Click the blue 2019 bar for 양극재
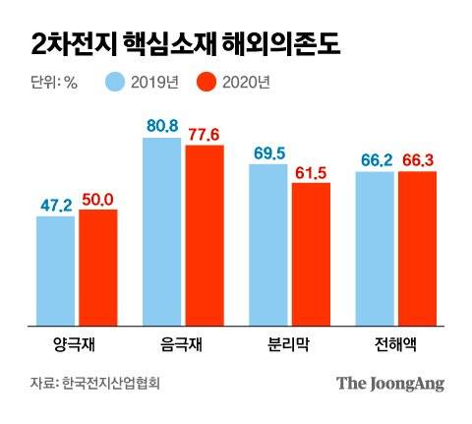point(55,271)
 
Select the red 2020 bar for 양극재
point(97,267)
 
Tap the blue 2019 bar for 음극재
point(161,231)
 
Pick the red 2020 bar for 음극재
point(204,235)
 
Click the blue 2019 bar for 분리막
point(267,245)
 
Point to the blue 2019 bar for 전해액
point(374,249)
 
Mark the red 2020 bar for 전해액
point(417,249)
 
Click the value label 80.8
point(161,126)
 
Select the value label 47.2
point(56,205)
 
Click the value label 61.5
point(311,172)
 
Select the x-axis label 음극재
point(182,345)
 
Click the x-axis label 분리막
point(289,345)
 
